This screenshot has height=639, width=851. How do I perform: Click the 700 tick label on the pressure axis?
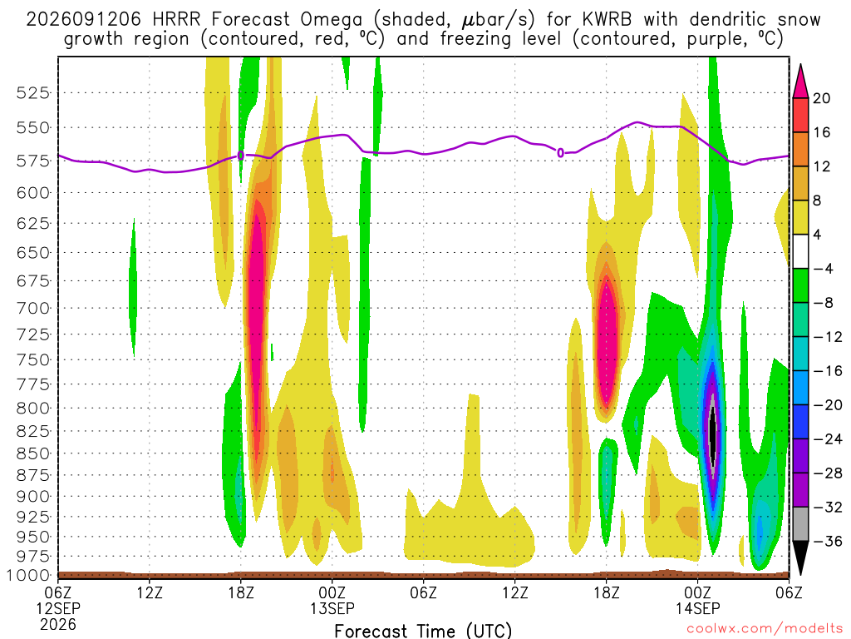pyautogui.click(x=33, y=308)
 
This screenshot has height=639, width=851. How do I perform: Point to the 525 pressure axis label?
pyautogui.click(x=33, y=93)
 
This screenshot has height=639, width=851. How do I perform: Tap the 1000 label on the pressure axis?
pyautogui.click(x=29, y=575)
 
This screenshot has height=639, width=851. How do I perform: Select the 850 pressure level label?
pyautogui.click(x=33, y=453)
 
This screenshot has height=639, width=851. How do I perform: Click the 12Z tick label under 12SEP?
pyautogui.click(x=150, y=592)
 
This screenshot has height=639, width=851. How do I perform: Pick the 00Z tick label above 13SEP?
pyautogui.click(x=332, y=592)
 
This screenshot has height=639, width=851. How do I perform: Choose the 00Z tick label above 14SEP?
pyautogui.click(x=697, y=592)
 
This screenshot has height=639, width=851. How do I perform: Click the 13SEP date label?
pyautogui.click(x=332, y=608)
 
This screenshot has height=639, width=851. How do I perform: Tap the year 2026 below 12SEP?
pyautogui.click(x=58, y=624)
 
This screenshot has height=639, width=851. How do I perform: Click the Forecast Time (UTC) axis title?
pyautogui.click(x=423, y=631)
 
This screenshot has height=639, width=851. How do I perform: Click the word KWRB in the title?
pyautogui.click(x=607, y=20)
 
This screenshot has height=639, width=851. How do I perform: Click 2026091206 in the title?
pyautogui.click(x=84, y=20)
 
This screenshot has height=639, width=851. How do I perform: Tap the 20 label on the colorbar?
pyautogui.click(x=822, y=98)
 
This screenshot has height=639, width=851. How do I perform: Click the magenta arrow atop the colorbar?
pyautogui.click(x=800, y=82)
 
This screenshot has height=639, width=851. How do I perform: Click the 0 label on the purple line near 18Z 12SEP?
pyautogui.click(x=241, y=156)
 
